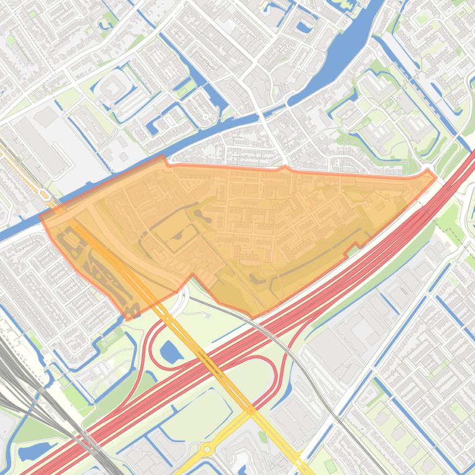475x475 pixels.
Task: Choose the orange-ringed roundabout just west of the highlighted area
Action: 45,195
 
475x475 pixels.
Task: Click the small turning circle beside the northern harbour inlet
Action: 206,116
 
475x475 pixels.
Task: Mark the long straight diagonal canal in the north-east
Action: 426,74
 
